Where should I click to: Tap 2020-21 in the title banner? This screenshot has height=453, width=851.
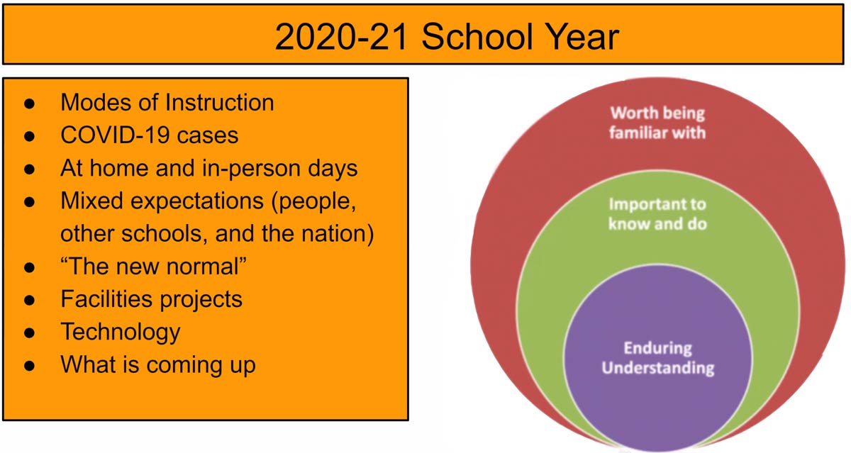[341, 36]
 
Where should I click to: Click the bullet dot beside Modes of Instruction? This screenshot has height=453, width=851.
[29, 104]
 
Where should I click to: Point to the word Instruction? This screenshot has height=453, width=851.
[219, 102]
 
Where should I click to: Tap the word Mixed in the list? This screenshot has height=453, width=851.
[91, 200]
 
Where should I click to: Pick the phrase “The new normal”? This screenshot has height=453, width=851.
[153, 266]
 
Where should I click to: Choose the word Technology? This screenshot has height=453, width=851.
[121, 332]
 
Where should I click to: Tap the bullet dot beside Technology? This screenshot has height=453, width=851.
[29, 333]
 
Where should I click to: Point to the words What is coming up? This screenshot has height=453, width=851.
[158, 365]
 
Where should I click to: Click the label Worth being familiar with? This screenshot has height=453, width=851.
[657, 123]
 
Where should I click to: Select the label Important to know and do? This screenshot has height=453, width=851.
[657, 214]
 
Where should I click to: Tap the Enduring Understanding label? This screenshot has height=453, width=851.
[658, 358]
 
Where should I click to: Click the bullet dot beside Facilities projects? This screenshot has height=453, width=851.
[29, 301]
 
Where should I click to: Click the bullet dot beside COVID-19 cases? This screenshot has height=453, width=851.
[29, 136]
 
